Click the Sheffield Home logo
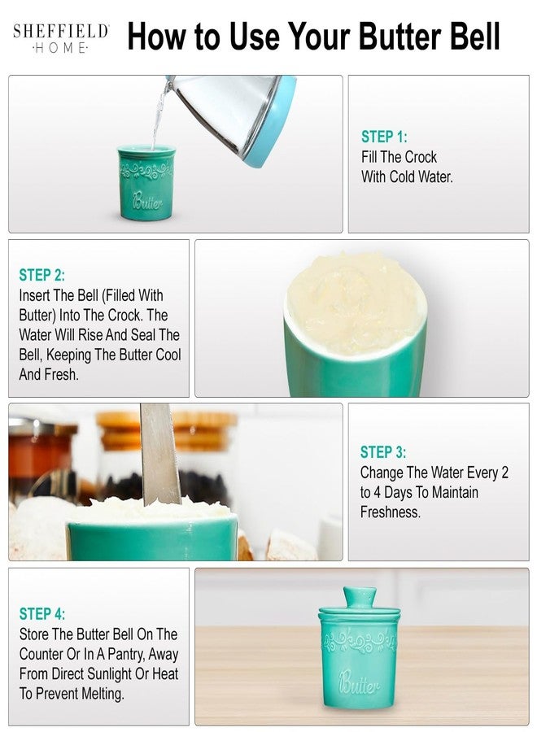pos(61,39)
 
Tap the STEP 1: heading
pos(384,137)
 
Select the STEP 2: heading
pos(42,275)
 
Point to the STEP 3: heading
pos(383,452)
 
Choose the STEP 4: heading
pos(42,614)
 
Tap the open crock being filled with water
pos(146,182)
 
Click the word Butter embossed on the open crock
pos(147,201)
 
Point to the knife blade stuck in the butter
pos(159,455)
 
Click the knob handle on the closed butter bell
pos(360,598)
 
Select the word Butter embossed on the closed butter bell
pos(359,683)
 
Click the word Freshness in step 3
pos(391,512)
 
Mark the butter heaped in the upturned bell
pos(356,303)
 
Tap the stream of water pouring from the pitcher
pos(158,116)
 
